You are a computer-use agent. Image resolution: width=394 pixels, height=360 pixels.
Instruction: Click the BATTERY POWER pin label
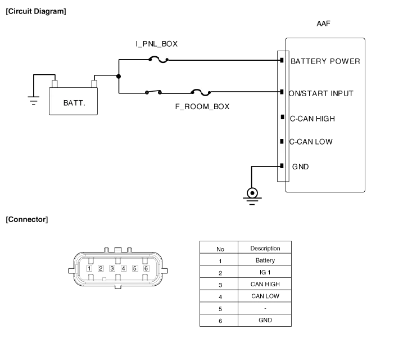click(x=324, y=61)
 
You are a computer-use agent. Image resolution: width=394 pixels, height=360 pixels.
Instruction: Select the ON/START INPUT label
click(x=321, y=93)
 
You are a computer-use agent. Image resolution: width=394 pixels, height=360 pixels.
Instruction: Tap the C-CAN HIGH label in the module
click(x=313, y=118)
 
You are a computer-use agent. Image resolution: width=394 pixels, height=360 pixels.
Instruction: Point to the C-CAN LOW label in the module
click(x=311, y=142)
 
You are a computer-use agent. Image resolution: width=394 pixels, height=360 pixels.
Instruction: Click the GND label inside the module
click(x=301, y=166)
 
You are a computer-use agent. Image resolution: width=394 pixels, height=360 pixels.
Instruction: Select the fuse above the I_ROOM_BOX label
click(x=202, y=91)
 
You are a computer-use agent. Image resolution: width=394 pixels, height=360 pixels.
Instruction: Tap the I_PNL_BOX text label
click(x=157, y=44)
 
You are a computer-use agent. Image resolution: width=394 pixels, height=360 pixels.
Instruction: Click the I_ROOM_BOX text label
click(x=202, y=107)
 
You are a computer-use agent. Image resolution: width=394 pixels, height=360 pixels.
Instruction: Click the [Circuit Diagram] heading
click(x=35, y=11)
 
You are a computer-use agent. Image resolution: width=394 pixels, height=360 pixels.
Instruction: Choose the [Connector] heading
click(x=26, y=219)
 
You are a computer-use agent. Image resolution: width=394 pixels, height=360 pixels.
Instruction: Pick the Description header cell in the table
click(x=264, y=248)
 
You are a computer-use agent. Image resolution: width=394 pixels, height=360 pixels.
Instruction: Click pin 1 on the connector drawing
click(x=89, y=268)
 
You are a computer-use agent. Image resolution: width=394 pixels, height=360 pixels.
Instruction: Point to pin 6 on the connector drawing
click(x=146, y=268)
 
